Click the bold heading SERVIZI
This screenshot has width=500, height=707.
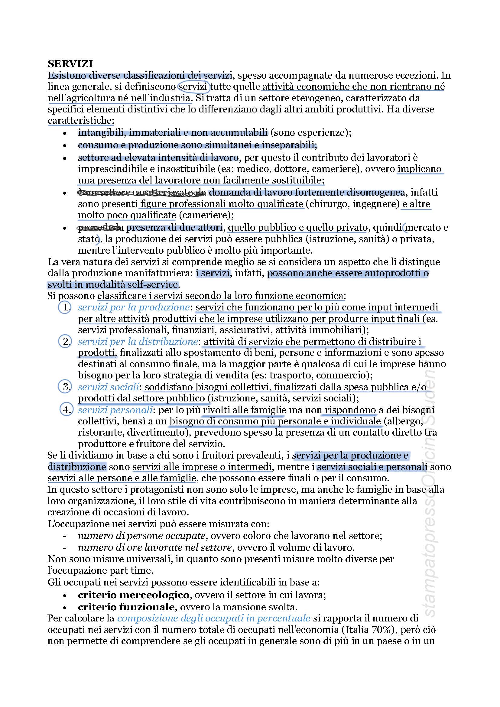[70, 64]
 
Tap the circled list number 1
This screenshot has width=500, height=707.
[65, 307]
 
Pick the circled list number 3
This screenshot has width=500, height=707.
[65, 387]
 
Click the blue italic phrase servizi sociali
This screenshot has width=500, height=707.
[109, 387]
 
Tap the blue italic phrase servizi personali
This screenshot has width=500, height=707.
[115, 410]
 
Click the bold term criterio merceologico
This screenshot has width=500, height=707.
[134, 595]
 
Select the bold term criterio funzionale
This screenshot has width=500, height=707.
[126, 607]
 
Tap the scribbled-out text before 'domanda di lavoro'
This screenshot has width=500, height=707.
[141, 193]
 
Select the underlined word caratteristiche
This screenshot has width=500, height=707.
[81, 121]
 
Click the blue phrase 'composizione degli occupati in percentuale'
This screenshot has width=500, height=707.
[214, 618]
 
